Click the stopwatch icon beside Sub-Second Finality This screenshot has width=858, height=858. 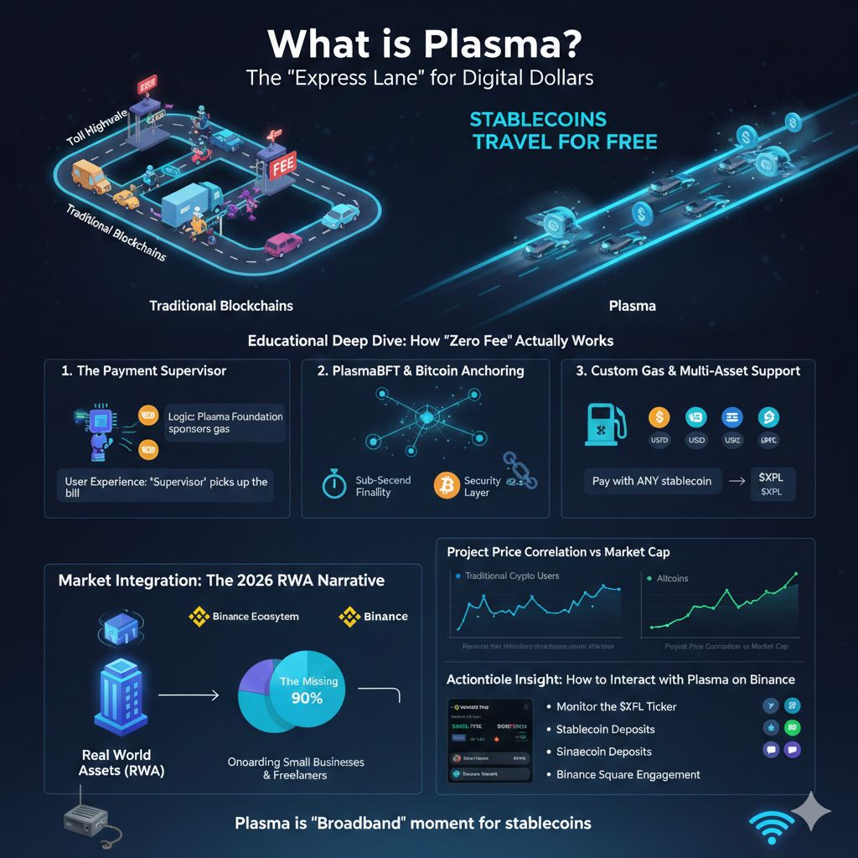pos(334,486)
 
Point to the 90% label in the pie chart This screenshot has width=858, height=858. pos(308,697)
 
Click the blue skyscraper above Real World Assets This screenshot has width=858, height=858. pos(120,695)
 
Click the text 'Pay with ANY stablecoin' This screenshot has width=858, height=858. pos(652,481)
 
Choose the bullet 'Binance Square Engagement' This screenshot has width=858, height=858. pos(628,774)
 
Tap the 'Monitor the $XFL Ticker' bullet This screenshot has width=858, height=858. pos(617,706)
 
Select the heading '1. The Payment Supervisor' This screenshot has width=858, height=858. pos(143,370)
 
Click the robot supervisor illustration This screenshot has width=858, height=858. pos(95,431)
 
